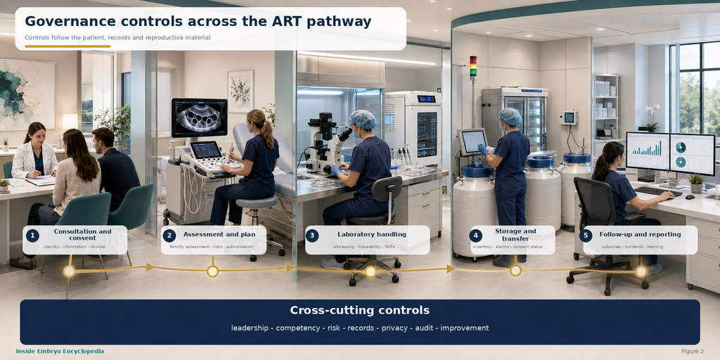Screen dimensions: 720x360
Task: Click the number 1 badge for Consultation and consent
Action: (32, 236)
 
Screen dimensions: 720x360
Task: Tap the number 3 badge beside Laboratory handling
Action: (311, 236)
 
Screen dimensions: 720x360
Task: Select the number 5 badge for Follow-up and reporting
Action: (585, 236)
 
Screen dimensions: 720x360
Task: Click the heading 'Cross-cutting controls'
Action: (359, 310)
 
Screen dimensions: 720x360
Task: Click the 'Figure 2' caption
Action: (693, 352)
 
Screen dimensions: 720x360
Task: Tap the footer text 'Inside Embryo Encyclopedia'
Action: (60, 352)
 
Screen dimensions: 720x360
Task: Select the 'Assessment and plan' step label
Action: (219, 234)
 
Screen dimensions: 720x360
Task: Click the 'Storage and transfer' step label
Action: (515, 235)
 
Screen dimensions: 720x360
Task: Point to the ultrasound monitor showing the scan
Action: (199, 117)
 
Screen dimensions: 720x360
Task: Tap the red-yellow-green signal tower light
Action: (473, 67)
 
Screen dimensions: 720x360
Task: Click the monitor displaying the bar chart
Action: (648, 151)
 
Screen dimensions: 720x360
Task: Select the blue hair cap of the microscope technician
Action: (363, 119)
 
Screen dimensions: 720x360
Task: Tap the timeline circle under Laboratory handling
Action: (371, 271)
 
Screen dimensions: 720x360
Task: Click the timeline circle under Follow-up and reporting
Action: (641, 271)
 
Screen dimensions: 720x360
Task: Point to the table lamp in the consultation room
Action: (70, 122)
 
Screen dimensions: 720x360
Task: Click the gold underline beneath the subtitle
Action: (67, 46)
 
